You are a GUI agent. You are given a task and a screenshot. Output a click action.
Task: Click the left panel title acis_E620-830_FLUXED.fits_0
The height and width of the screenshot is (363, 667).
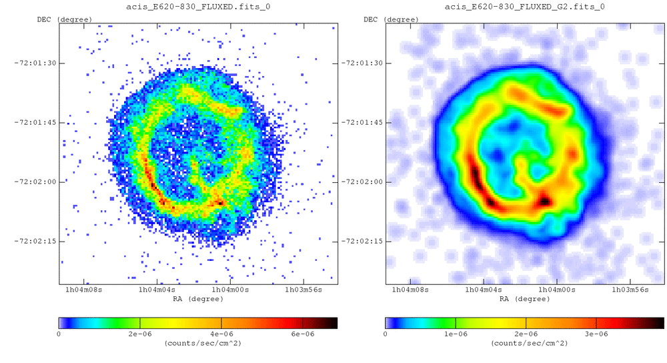[x=198, y=7]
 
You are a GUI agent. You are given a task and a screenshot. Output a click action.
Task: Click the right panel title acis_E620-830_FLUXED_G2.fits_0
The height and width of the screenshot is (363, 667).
[x=525, y=7]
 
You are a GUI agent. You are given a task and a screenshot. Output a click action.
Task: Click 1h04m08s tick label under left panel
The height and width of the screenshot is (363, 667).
[x=83, y=290]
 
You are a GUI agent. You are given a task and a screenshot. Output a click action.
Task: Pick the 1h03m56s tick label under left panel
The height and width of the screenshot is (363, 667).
[x=303, y=290]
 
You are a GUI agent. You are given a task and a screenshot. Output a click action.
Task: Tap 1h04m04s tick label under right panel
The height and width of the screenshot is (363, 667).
[x=484, y=290]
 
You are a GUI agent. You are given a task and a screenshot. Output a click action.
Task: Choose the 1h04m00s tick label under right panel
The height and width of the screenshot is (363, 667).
[x=558, y=290]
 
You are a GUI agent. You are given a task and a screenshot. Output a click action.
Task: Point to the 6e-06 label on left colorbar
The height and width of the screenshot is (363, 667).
[x=303, y=333]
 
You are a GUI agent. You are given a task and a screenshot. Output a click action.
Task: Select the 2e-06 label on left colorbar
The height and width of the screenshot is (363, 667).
[x=140, y=333]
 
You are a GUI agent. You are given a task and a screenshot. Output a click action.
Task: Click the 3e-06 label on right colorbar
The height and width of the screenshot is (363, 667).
[x=596, y=333]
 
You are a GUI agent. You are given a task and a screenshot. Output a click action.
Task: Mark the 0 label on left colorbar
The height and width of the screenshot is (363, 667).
[x=59, y=333]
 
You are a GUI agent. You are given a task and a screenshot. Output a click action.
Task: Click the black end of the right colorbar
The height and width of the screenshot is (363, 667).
[x=660, y=323]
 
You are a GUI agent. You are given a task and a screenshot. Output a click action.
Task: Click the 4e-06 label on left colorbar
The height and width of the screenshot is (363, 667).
[x=221, y=333]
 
